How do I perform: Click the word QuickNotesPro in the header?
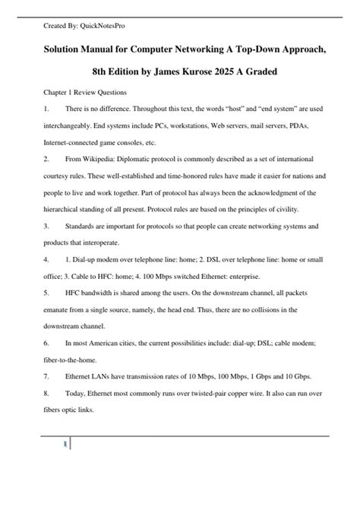(103, 26)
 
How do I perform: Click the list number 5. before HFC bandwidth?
(46, 292)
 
